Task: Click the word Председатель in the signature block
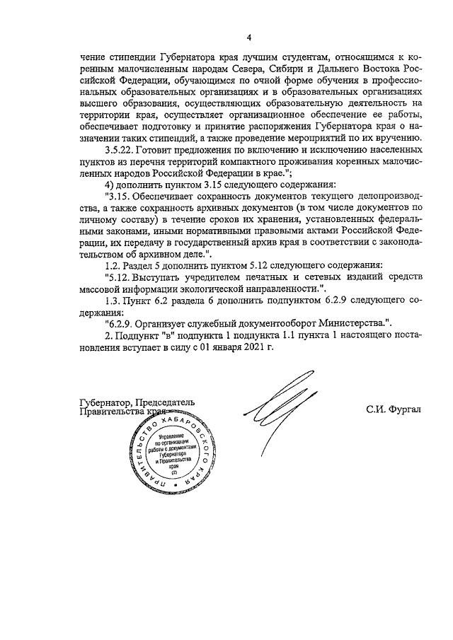click(x=163, y=402)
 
